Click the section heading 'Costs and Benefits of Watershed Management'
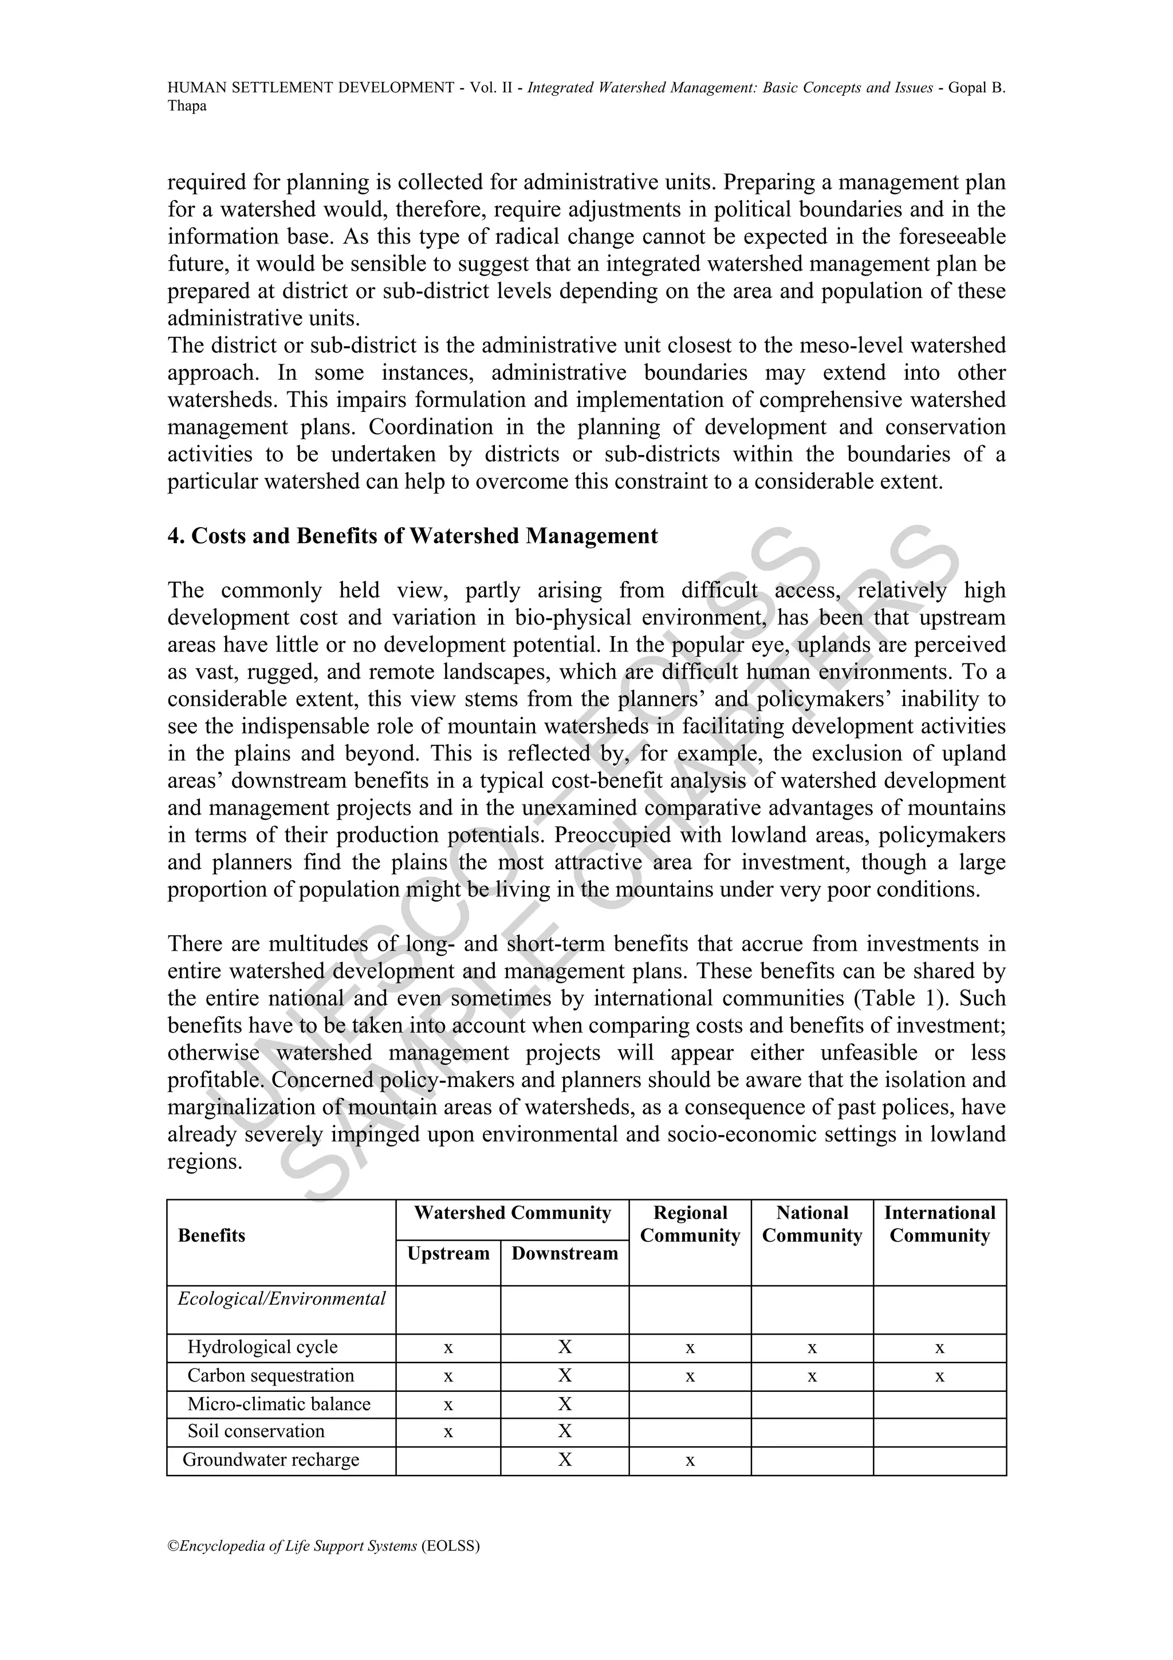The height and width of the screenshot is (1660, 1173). [x=413, y=536]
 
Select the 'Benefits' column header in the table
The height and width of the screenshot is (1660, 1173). [x=212, y=1235]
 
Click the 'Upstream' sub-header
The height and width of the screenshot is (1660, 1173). [x=448, y=1254]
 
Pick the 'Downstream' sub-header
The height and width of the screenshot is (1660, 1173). [x=565, y=1254]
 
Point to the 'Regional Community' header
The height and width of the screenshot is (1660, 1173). [x=690, y=1224]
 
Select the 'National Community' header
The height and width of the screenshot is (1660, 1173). [x=812, y=1224]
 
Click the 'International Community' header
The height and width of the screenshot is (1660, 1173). [x=939, y=1224]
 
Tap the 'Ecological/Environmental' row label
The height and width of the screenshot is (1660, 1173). [x=282, y=1299]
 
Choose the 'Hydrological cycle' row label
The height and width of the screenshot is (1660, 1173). [x=262, y=1348]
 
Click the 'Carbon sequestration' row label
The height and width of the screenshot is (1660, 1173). [x=270, y=1376]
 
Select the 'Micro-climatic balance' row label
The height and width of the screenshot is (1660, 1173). [x=278, y=1404]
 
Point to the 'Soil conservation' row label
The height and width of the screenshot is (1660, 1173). [x=256, y=1431]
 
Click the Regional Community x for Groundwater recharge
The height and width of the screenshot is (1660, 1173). [x=690, y=1461]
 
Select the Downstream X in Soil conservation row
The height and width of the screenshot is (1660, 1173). [x=565, y=1431]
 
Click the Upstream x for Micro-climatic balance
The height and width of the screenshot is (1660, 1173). [x=448, y=1405]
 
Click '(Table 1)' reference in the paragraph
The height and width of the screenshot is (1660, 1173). [x=895, y=998]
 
